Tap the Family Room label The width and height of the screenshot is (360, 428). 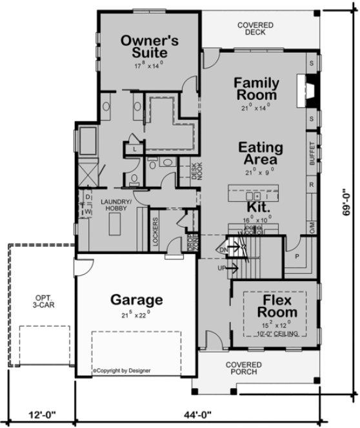256,89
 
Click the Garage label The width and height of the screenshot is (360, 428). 136,300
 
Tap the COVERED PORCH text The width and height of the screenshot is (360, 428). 243,368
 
